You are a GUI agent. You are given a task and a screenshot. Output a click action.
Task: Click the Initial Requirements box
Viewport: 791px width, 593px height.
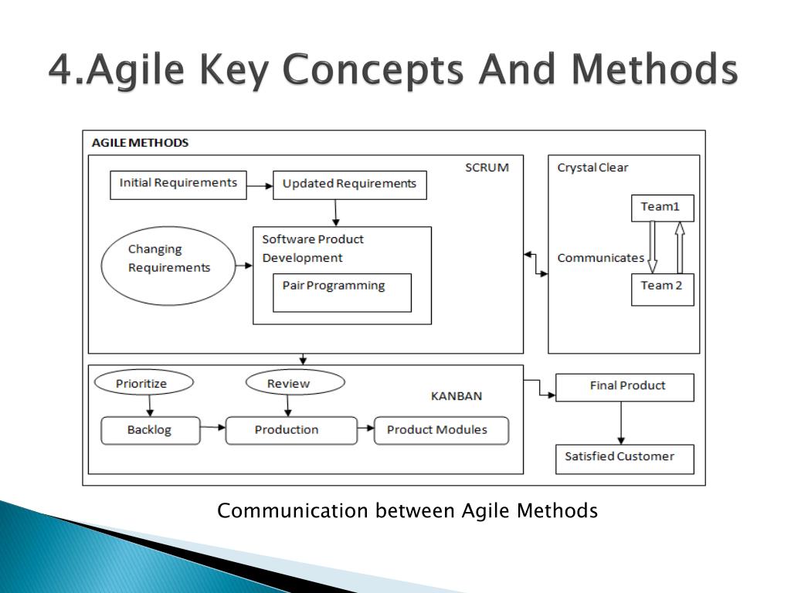pos(178,185)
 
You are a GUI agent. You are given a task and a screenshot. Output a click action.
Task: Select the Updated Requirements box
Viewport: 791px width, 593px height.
pos(349,185)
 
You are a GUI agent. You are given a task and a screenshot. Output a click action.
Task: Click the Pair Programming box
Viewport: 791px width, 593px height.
pos(341,292)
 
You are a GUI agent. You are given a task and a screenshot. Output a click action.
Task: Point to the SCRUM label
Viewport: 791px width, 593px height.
pos(487,168)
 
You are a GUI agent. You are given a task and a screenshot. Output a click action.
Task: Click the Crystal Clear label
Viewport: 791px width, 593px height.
pos(592,168)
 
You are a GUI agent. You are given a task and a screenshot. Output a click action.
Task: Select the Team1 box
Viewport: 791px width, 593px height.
pos(662,208)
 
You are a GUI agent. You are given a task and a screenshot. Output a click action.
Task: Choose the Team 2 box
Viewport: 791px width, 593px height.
pos(662,289)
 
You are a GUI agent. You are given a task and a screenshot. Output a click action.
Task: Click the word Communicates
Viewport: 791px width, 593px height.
pos(600,258)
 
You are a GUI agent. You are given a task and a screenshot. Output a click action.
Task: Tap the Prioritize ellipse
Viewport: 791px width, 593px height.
pos(143,383)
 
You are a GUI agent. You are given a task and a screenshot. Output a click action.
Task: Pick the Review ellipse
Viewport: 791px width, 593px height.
pos(294,383)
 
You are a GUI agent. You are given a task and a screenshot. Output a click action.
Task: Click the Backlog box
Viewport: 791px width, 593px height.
pos(151,430)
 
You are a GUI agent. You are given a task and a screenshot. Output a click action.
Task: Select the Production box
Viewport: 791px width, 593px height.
pos(291,430)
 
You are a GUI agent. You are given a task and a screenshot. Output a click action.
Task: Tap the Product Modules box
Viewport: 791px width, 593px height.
pos(441,430)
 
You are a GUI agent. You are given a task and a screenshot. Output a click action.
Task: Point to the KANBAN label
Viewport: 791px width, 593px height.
pos(456,396)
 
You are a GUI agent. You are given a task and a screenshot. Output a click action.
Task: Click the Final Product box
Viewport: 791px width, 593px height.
pos(625,387)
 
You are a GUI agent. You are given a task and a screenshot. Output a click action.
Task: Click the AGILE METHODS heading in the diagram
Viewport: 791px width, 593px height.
pos(140,143)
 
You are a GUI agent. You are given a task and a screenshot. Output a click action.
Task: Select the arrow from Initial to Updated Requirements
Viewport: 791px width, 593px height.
pos(260,185)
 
